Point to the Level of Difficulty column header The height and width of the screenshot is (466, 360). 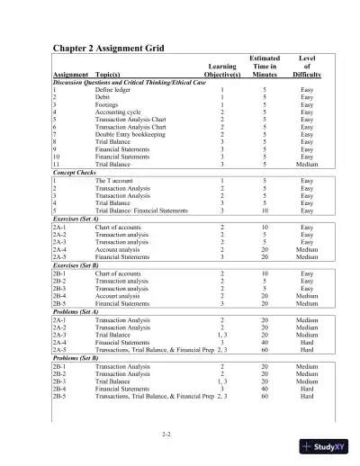[306, 67]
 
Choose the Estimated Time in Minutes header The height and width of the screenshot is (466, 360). [265, 67]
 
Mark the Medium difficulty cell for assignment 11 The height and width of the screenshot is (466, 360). [307, 166]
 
